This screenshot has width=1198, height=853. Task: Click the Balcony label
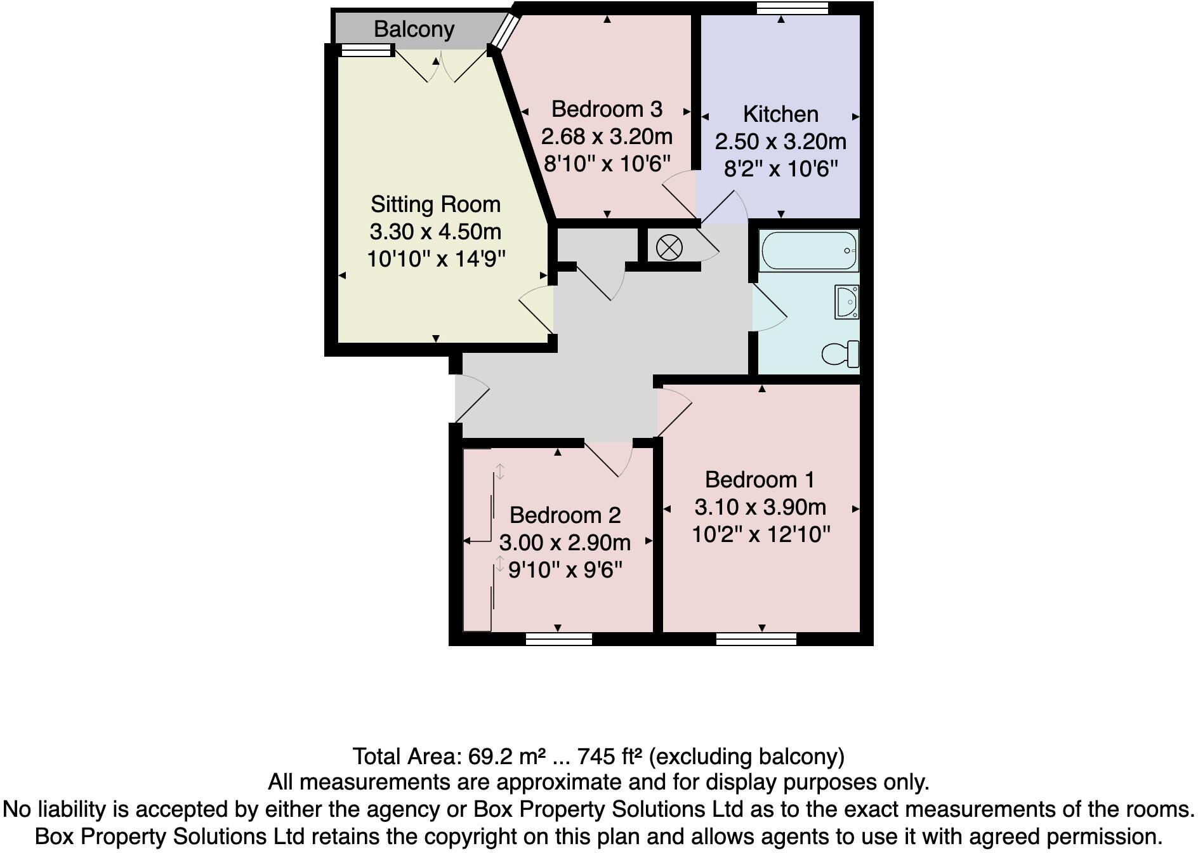[x=414, y=29]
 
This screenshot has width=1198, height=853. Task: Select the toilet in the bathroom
[x=841, y=354]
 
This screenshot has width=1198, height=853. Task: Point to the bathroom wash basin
[x=847, y=302]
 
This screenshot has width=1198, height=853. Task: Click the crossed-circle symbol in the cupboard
[x=669, y=248]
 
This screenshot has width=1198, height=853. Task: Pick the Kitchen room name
[x=780, y=114]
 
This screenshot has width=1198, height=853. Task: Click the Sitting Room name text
[x=435, y=204]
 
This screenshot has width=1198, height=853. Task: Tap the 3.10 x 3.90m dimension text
[x=760, y=507]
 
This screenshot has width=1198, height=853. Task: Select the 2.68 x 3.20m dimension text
[x=607, y=136]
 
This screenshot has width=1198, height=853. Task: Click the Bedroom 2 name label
[x=565, y=515]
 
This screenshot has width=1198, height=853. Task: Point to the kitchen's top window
[x=793, y=8]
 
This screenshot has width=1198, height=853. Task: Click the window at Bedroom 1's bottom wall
[x=756, y=638]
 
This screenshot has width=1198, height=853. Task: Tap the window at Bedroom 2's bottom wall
[x=559, y=638]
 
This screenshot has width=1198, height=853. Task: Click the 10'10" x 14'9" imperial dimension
[x=436, y=259]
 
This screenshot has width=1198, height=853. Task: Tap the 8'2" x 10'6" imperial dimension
[x=780, y=169]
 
